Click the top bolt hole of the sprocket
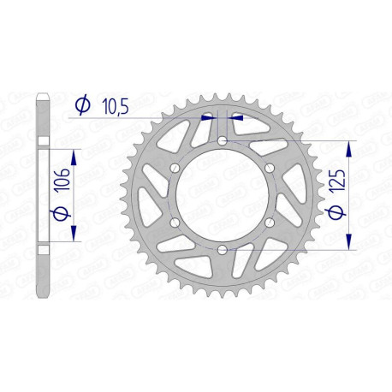(x=222, y=140)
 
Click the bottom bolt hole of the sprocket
(x=222, y=249)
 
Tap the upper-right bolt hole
(x=269, y=168)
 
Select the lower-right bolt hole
(x=269, y=222)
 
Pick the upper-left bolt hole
(x=175, y=168)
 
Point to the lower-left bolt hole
(x=175, y=222)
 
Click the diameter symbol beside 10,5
(x=83, y=106)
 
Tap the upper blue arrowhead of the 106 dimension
(x=74, y=155)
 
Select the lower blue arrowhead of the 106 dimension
(x=74, y=235)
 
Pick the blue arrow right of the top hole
(x=237, y=117)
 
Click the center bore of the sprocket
(x=222, y=195)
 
